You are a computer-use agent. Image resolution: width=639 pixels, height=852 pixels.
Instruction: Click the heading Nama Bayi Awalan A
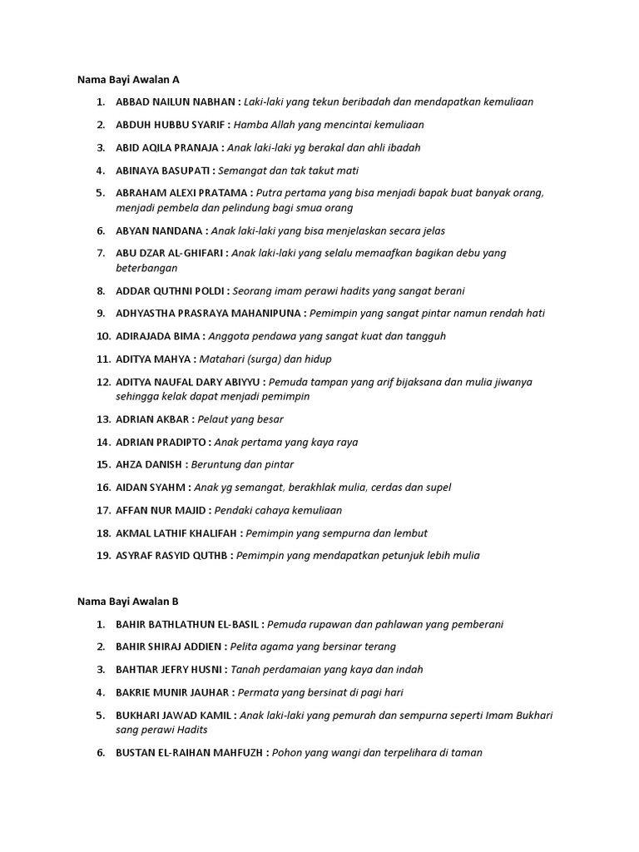point(129,80)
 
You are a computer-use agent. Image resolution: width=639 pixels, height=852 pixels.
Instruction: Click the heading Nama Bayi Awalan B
point(129,602)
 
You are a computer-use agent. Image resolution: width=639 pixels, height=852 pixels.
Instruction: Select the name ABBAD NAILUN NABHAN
point(176,102)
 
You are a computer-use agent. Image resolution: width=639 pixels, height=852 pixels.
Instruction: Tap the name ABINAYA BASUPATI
point(163,171)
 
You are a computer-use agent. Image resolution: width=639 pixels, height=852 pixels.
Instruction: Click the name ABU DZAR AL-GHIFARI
point(170,253)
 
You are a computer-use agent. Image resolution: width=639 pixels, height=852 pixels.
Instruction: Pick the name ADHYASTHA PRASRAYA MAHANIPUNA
point(209,314)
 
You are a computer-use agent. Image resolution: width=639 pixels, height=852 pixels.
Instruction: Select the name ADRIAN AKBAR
point(152,419)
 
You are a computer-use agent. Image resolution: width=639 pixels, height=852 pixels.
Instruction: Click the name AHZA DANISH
point(150,465)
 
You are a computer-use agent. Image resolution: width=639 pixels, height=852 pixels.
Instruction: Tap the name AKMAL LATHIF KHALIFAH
point(176,533)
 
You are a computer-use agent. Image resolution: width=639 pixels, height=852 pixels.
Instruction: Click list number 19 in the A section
point(103,556)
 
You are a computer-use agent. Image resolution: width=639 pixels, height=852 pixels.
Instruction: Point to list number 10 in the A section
point(103,337)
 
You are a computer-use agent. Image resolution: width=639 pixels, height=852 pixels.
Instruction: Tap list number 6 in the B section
point(100,753)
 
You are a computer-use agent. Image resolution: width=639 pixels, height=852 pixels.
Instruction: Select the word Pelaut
point(215,419)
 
